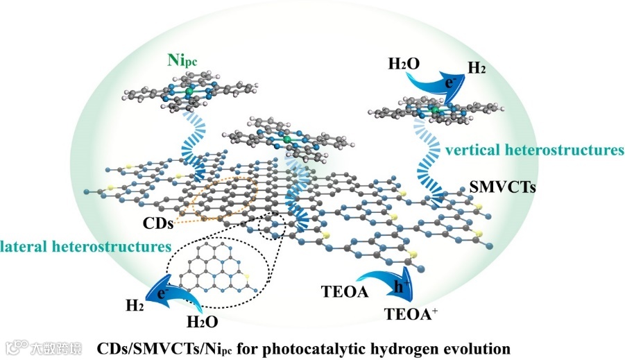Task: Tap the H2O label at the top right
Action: [x=403, y=64]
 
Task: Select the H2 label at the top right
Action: [x=477, y=68]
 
